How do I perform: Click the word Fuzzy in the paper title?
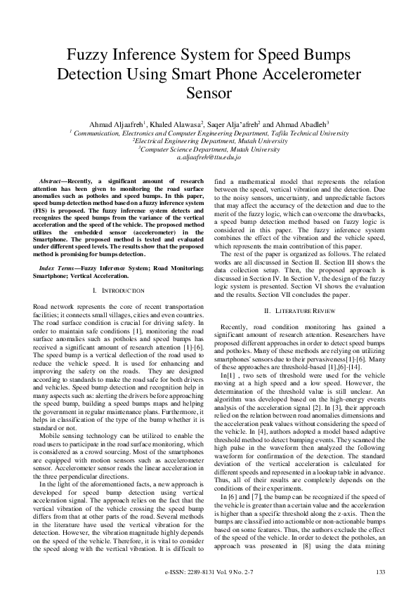click(x=86, y=55)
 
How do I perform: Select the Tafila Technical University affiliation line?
click(x=209, y=133)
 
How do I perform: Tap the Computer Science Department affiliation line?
click(x=209, y=149)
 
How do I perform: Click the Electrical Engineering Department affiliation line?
click(x=209, y=140)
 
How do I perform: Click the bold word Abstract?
click(x=51, y=181)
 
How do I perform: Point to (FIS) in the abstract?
click(x=41, y=208)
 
